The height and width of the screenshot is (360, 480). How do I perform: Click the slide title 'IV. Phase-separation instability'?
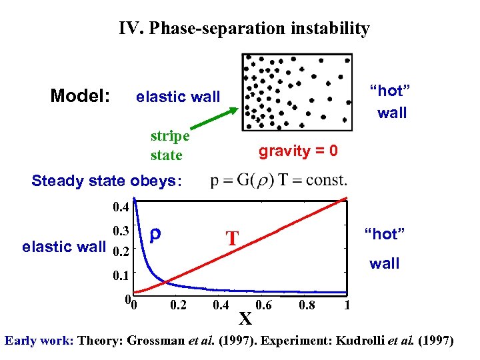(x=244, y=29)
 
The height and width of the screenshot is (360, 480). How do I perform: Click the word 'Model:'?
(x=80, y=96)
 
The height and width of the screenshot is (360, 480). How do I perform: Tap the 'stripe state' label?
(x=169, y=145)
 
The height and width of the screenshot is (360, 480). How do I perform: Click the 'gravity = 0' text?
(x=298, y=151)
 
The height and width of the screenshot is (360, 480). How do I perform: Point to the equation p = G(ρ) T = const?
(x=278, y=180)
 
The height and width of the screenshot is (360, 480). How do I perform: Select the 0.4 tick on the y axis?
(x=121, y=207)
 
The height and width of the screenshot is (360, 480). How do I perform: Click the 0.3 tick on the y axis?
(x=121, y=231)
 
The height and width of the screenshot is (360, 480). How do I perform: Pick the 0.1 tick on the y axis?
(x=121, y=274)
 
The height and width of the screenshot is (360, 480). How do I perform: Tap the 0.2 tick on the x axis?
(x=178, y=305)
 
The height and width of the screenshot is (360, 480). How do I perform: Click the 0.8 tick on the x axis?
(x=307, y=305)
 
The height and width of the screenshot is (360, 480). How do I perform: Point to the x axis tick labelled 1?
(x=347, y=305)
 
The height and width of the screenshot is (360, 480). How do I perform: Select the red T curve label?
(x=232, y=238)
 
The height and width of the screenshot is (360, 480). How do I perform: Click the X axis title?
(x=245, y=319)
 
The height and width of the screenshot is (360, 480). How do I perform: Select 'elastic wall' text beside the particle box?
(x=177, y=97)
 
